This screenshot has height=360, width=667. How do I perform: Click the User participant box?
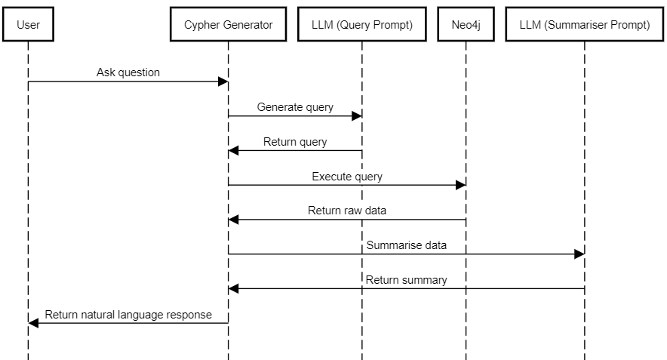(x=28, y=25)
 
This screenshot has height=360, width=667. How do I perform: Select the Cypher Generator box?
(x=228, y=25)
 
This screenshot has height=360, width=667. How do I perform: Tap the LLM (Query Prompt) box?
(x=361, y=25)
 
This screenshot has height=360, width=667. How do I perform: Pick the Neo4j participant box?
(x=466, y=25)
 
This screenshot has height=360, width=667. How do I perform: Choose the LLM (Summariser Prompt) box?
(x=584, y=25)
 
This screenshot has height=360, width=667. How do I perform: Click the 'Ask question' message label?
(x=128, y=72)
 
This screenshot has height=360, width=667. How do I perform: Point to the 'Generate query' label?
(x=295, y=107)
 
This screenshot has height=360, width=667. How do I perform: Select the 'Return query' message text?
(x=295, y=142)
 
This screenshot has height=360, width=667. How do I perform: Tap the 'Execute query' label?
(x=347, y=177)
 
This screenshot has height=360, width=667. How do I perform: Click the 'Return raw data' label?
(x=347, y=211)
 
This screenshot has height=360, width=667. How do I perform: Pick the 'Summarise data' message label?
(x=406, y=245)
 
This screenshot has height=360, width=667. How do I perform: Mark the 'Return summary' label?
(x=406, y=280)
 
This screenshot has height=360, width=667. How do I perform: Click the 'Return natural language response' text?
(x=128, y=314)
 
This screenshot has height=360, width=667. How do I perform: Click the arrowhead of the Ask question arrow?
(x=223, y=82)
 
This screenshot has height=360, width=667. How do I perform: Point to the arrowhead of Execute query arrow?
(x=460, y=185)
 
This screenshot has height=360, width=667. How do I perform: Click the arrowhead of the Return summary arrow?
(x=234, y=288)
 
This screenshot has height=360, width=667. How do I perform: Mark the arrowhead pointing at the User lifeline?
(x=34, y=323)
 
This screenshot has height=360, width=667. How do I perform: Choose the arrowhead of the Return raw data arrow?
(x=234, y=220)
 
